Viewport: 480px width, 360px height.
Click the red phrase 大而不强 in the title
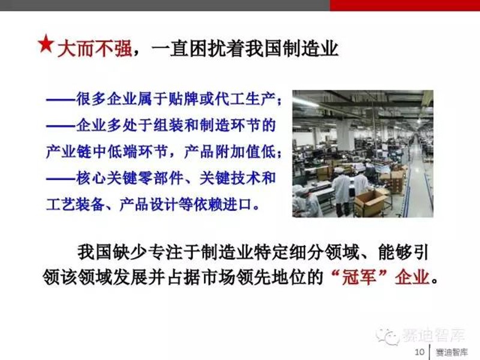95,49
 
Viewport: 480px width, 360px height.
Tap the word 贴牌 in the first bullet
184,99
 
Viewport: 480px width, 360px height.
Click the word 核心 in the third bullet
91,178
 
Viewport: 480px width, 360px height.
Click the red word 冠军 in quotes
359,277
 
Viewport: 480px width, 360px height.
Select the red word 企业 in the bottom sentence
412,277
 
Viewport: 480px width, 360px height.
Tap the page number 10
419,352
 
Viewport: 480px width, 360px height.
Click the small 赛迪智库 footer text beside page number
452,352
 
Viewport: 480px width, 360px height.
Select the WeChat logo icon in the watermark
388,336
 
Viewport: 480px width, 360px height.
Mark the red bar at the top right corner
405,5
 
